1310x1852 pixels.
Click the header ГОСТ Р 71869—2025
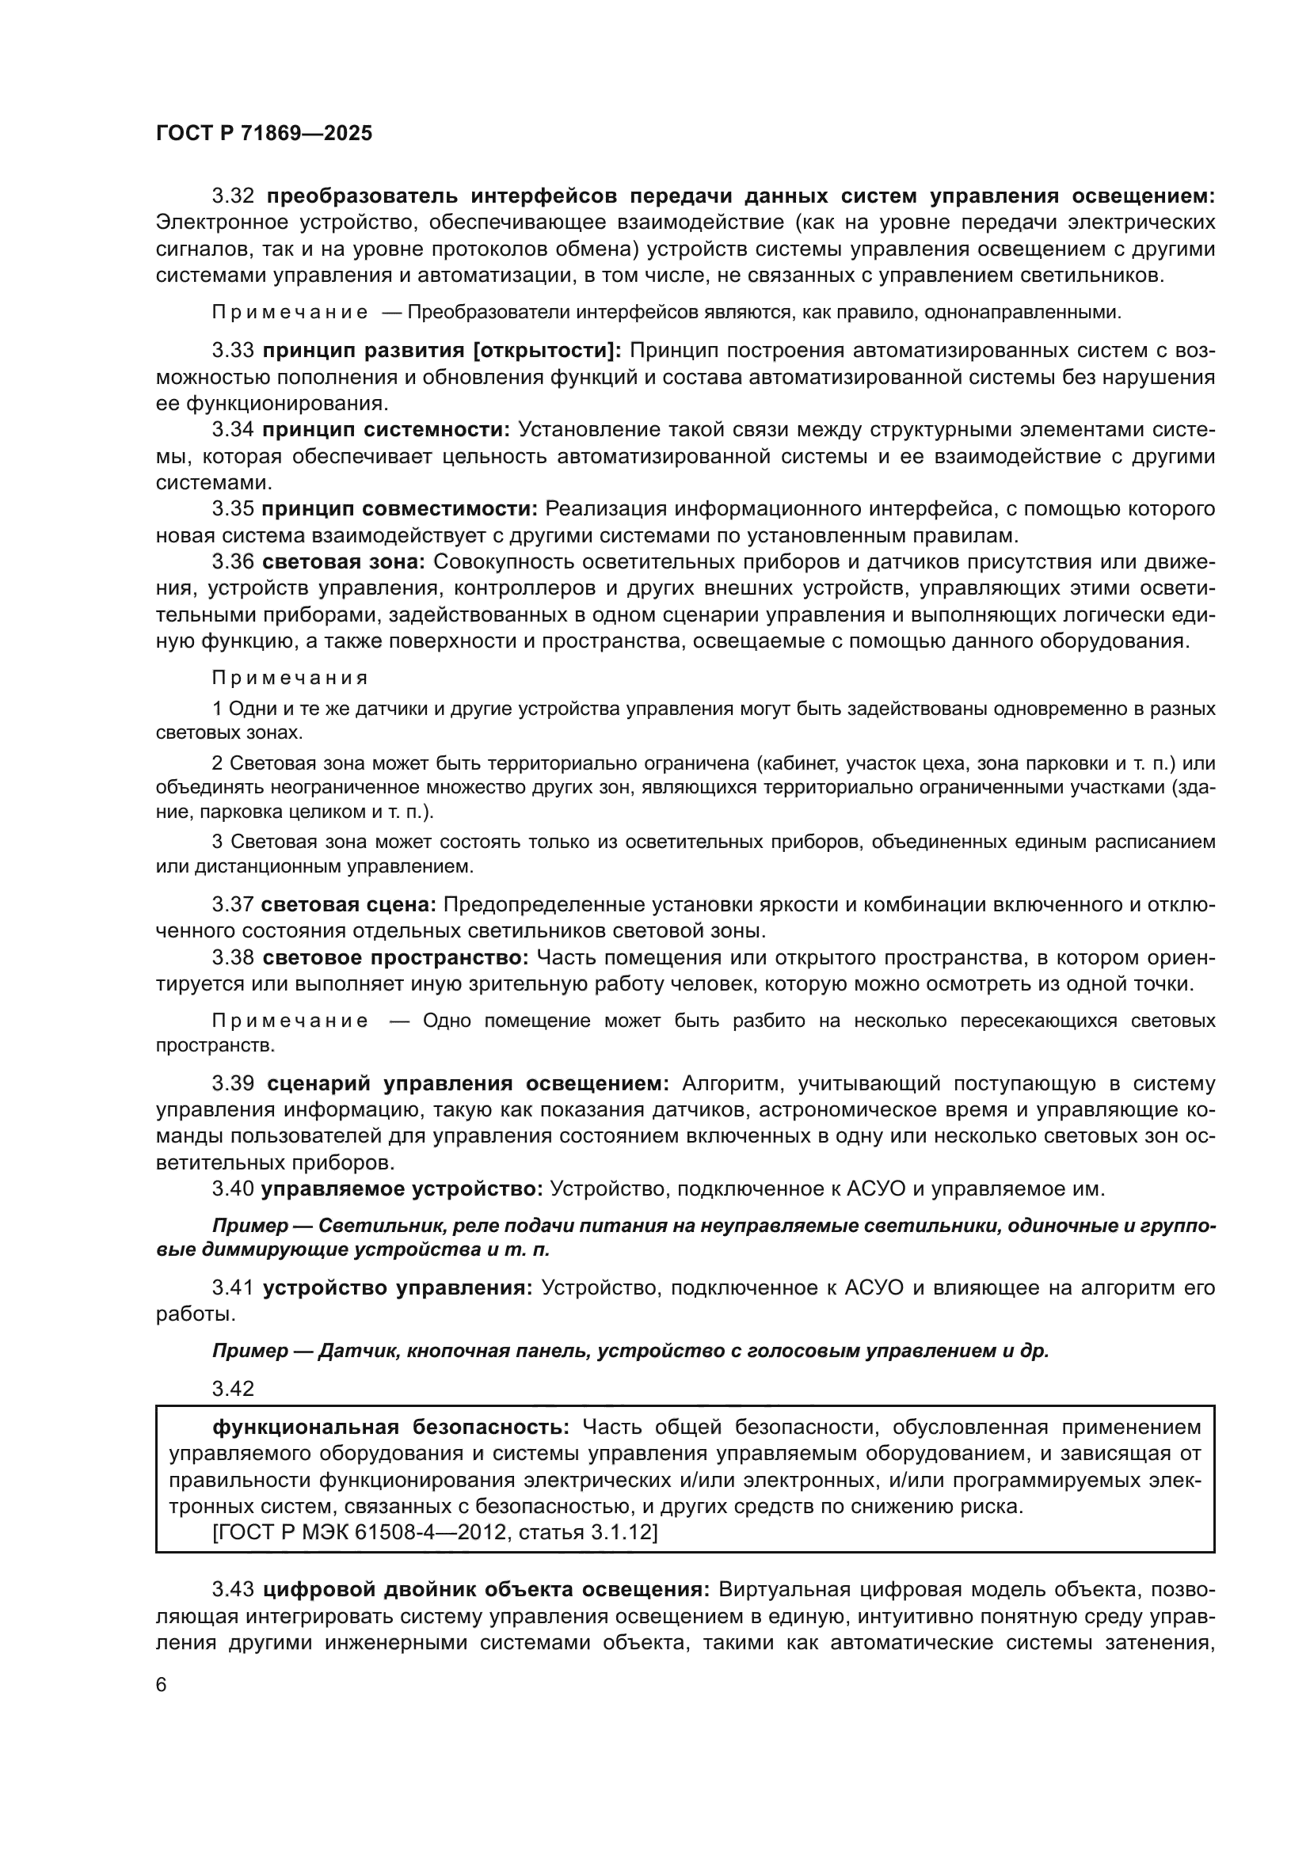tap(264, 133)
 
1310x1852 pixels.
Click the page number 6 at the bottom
tap(162, 1684)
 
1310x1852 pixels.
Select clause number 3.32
tap(233, 196)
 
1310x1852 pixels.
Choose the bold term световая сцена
tap(348, 905)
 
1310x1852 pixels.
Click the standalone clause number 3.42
tap(233, 1388)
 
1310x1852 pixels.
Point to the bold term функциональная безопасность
tap(390, 1427)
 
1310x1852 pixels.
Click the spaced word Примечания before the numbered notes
tap(290, 678)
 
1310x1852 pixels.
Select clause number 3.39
tap(233, 1083)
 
